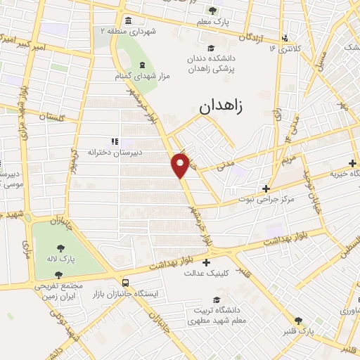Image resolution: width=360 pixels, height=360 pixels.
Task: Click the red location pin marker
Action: click(x=181, y=165)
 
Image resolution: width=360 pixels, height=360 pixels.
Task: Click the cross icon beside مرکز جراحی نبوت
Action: click(x=266, y=188)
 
